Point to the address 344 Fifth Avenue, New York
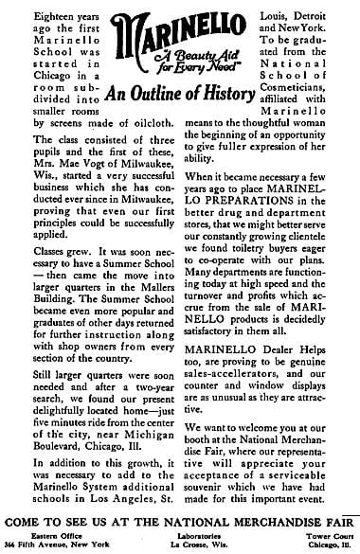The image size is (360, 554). coord(58,544)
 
